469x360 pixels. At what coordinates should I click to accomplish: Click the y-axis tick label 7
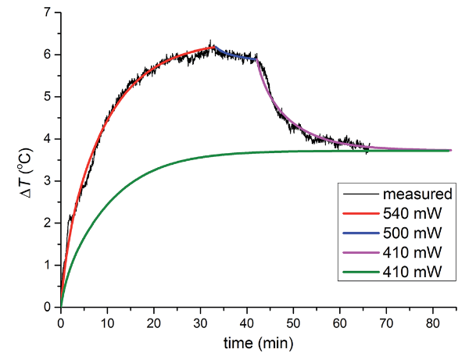[x=48, y=12]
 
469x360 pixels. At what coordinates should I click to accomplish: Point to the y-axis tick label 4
[x=48, y=139]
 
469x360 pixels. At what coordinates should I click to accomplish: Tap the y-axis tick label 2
[x=48, y=223]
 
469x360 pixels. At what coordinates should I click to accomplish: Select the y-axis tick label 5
[x=48, y=97]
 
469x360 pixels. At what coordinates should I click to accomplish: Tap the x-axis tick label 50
[x=293, y=322]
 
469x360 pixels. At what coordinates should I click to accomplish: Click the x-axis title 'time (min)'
[x=258, y=342]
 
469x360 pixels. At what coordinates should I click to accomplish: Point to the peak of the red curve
[x=212, y=48]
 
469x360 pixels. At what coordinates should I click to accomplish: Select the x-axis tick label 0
[x=61, y=322]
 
